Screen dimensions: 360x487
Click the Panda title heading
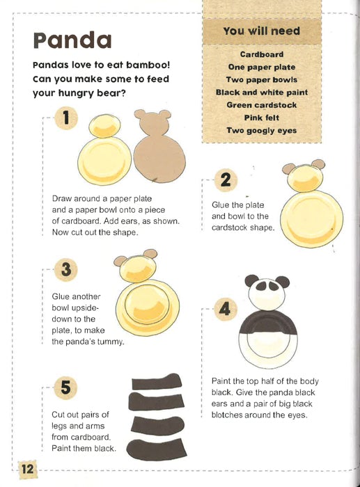(72, 40)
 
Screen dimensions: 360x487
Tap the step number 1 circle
(66, 118)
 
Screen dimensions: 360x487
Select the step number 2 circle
(226, 180)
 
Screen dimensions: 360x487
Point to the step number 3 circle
(66, 269)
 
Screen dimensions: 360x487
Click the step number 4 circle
(226, 309)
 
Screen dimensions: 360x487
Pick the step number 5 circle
(66, 388)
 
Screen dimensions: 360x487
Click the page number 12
(27, 469)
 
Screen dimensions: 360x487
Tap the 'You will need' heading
(261, 31)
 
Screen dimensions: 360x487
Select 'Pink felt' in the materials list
(261, 118)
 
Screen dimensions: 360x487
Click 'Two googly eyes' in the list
(261, 131)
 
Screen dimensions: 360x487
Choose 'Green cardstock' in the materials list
(261, 105)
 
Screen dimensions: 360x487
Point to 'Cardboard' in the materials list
(261, 54)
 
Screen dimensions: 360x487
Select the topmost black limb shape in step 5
(157, 381)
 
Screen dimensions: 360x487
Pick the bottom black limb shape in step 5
(157, 450)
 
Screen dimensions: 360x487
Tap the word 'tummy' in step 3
(110, 342)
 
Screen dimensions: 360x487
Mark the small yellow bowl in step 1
(104, 126)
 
